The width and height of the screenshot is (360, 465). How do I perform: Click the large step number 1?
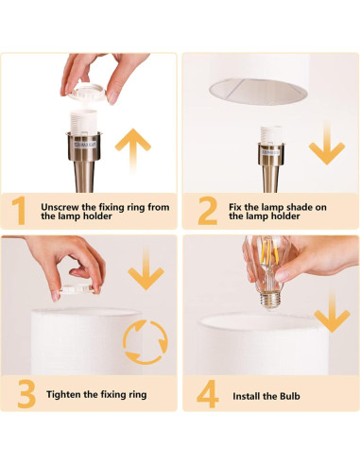click(19, 211)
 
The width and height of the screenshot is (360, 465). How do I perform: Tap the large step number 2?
click(208, 211)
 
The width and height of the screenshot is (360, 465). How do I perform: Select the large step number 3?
click(26, 394)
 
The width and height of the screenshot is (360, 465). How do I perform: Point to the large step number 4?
click(208, 394)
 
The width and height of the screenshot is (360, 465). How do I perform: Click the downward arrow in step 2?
click(327, 143)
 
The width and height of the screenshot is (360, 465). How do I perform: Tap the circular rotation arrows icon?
click(146, 342)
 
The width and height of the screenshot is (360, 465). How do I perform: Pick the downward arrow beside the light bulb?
click(332, 310)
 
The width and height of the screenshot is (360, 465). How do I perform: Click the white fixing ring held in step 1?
click(84, 91)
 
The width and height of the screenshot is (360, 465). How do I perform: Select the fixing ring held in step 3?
click(77, 288)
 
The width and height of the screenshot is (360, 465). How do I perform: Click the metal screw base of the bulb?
click(270, 301)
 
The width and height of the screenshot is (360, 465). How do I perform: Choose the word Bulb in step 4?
click(290, 396)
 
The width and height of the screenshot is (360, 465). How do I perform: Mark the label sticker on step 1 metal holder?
click(86, 145)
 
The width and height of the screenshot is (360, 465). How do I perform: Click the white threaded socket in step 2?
click(271, 134)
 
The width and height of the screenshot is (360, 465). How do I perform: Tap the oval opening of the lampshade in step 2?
click(258, 92)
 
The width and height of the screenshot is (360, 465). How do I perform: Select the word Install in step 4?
click(246, 396)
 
